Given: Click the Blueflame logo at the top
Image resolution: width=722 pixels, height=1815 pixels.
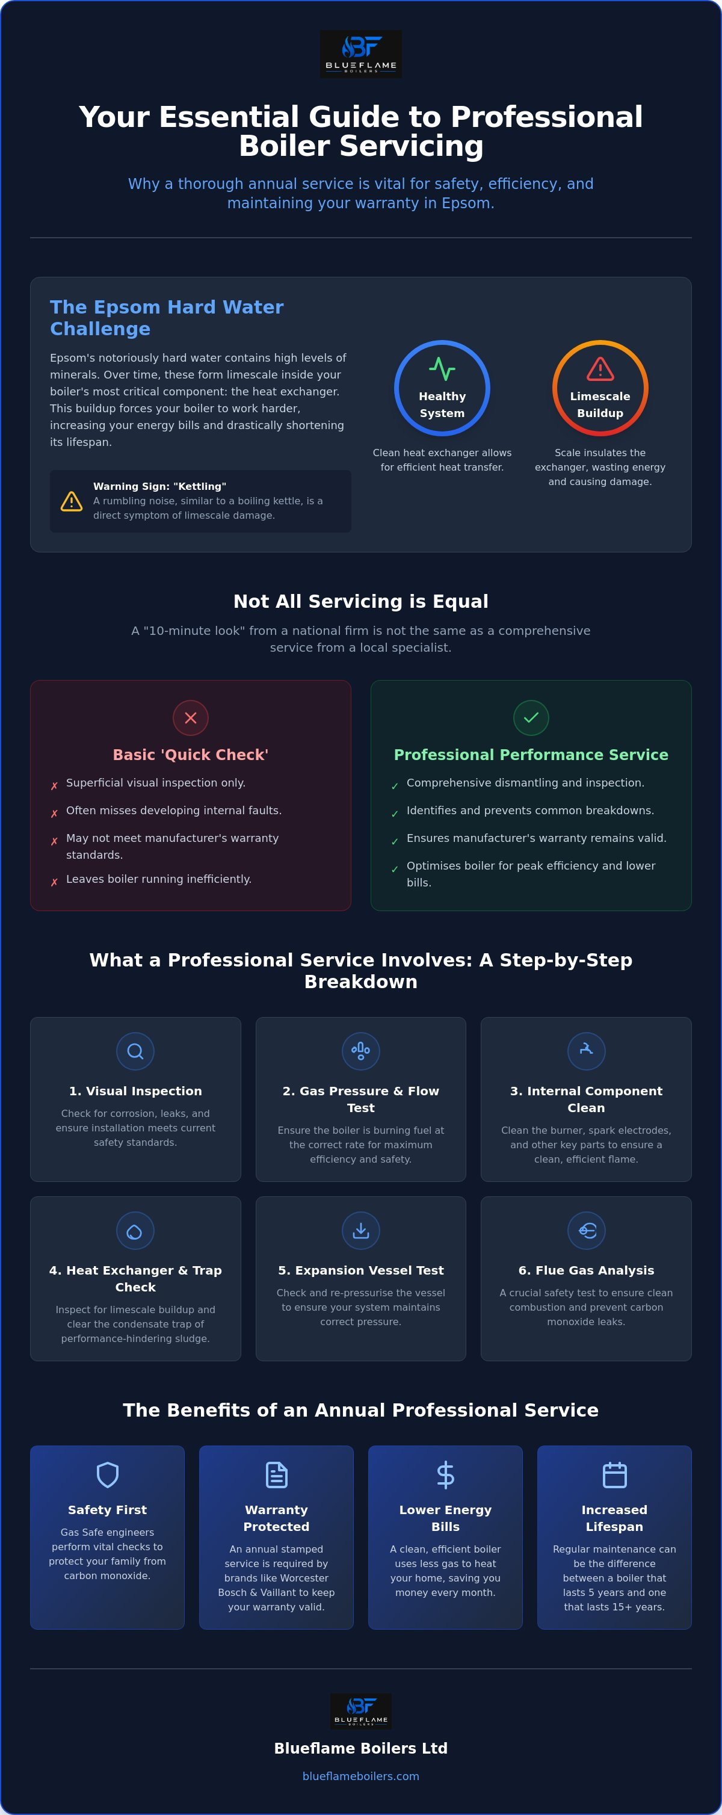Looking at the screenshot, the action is (x=360, y=54).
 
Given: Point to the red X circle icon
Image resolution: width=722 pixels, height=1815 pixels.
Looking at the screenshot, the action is (x=191, y=718).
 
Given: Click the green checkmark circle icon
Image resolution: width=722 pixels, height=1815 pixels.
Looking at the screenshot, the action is (x=531, y=718).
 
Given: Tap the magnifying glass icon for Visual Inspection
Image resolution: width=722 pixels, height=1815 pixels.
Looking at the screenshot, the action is (x=135, y=1051).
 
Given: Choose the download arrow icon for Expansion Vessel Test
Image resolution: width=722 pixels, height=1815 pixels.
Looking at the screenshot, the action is (x=360, y=1230).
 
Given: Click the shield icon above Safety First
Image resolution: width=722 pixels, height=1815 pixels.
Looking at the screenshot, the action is (x=107, y=1474).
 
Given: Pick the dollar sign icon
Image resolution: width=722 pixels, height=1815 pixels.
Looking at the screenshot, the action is (x=445, y=1474).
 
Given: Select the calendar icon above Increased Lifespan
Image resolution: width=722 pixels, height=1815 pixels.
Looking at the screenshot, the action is (x=614, y=1474).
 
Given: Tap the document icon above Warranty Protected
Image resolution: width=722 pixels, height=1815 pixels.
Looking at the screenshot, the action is (x=276, y=1474).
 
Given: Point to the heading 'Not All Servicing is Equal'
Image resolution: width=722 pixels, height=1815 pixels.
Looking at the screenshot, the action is (x=360, y=601).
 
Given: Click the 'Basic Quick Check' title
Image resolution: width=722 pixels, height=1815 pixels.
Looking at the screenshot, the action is (x=191, y=755).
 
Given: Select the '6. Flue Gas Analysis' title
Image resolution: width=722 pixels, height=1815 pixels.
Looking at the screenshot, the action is (x=586, y=1270).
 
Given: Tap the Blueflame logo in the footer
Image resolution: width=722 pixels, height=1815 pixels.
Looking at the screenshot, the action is (x=360, y=1711).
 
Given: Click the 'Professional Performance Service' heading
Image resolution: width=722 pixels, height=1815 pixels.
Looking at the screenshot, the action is (x=531, y=755).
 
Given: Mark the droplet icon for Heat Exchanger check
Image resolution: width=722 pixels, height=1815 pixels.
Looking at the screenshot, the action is (x=135, y=1230).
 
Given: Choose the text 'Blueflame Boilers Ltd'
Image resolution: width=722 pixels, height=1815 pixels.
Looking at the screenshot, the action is (x=360, y=1748).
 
